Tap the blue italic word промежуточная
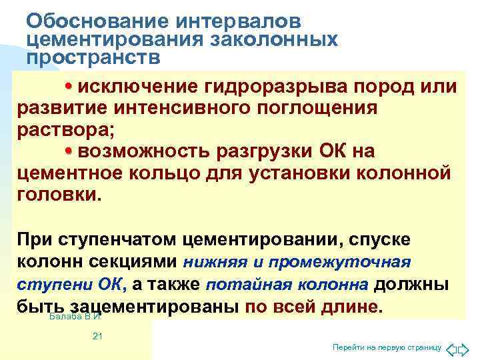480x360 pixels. (353, 261)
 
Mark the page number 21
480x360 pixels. (97, 337)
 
